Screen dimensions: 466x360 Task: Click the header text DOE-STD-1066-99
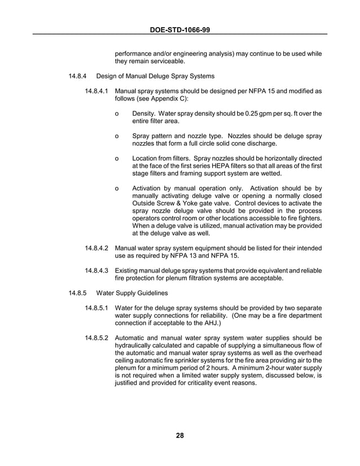click(179, 28)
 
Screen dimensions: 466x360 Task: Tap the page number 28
click(179, 434)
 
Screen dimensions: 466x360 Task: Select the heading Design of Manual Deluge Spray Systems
click(155, 76)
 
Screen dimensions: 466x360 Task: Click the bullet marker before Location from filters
click(116, 158)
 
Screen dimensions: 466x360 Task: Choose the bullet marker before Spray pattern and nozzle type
click(116, 136)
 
